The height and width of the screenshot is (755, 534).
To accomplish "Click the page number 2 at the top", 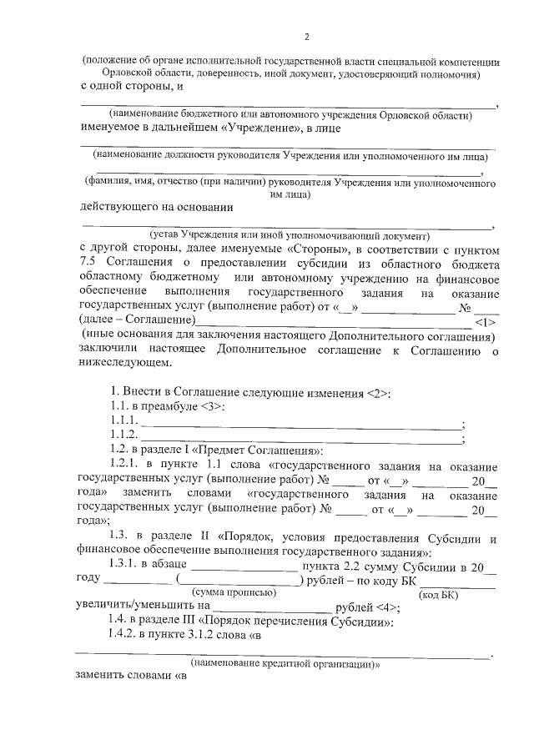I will tap(306, 37).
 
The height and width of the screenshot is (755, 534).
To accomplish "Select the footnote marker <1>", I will tap(485, 322).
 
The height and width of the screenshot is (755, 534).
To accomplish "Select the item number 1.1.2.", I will tap(123, 435).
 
